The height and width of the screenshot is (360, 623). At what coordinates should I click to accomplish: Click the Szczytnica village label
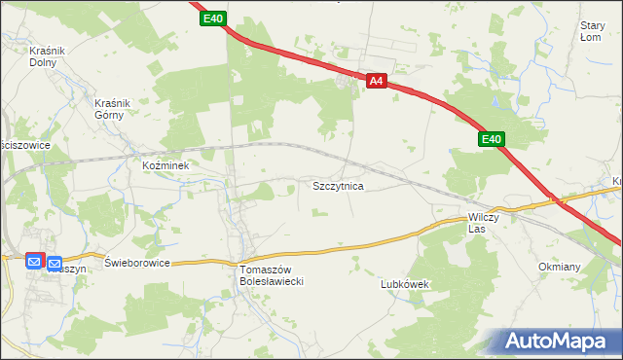click(x=338, y=185)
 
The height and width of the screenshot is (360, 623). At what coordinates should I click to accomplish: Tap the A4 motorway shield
click(x=379, y=83)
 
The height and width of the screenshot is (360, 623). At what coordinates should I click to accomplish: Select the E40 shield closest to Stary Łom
click(x=492, y=141)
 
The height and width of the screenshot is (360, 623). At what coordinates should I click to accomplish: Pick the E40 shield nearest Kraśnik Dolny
click(x=214, y=18)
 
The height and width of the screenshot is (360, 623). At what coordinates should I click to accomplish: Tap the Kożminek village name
click(x=171, y=165)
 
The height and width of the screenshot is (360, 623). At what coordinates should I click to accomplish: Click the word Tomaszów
click(x=266, y=270)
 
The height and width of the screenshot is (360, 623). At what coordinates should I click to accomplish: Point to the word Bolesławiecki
click(x=274, y=281)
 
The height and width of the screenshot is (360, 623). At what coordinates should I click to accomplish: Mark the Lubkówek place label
click(x=405, y=284)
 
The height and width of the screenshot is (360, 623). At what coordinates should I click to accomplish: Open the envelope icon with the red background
click(x=34, y=261)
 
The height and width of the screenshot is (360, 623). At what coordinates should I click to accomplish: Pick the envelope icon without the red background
click(x=55, y=264)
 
